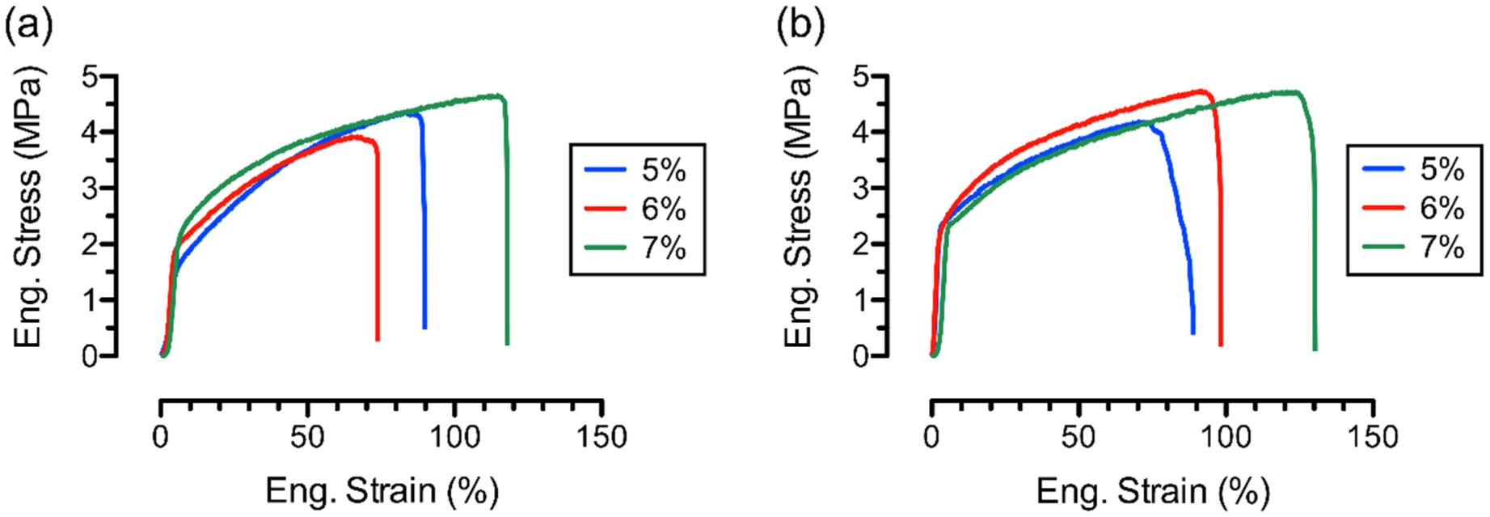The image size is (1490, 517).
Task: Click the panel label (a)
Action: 28,27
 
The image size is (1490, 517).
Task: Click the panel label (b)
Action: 800,27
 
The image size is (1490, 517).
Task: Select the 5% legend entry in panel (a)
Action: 636,171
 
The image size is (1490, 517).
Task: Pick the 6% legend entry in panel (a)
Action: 636,209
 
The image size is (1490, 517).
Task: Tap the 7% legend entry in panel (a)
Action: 636,247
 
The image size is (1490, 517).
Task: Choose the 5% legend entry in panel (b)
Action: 1414,170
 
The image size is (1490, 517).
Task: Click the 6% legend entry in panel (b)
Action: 1414,209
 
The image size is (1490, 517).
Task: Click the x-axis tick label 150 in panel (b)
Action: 1372,438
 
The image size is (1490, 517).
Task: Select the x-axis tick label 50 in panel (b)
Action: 1078,438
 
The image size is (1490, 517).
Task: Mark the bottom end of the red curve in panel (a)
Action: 378,339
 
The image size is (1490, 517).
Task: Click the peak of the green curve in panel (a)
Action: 496,95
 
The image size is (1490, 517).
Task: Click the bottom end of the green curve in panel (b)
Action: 1315,349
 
